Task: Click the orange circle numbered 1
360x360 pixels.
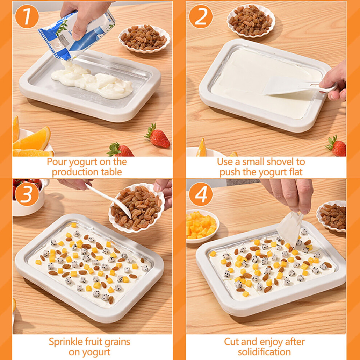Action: (27, 16)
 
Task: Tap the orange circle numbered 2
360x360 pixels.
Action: (201, 16)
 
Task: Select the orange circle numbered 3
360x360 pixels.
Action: (27, 194)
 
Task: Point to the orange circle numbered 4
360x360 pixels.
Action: (201, 194)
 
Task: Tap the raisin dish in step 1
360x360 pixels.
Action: (144, 38)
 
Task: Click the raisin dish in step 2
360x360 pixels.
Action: (251, 21)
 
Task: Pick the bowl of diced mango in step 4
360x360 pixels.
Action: (202, 226)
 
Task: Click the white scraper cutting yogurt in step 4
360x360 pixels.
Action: (290, 228)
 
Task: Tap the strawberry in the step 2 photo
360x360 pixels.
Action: (336, 146)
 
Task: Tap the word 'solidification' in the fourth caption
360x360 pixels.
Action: (264, 352)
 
